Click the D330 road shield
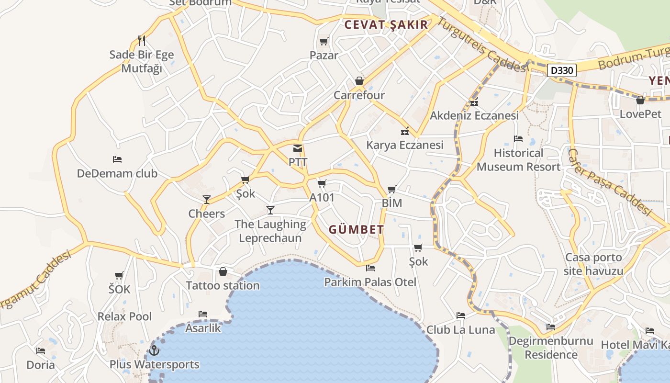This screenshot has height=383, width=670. pyautogui.click(x=561, y=71)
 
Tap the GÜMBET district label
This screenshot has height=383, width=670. pyautogui.click(x=356, y=230)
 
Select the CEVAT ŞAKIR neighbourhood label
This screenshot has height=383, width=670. pyautogui.click(x=386, y=25)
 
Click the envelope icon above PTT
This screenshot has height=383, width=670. pyautogui.click(x=298, y=148)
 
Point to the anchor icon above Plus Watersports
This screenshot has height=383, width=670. pyautogui.click(x=154, y=350)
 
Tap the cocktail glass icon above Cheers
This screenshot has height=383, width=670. pyautogui.click(x=207, y=200)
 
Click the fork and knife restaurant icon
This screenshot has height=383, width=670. pyautogui.click(x=141, y=41)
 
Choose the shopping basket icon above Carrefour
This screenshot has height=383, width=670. pyautogui.click(x=359, y=81)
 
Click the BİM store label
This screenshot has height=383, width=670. pyautogui.click(x=391, y=203)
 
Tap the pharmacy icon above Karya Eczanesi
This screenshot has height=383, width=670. pyautogui.click(x=405, y=131)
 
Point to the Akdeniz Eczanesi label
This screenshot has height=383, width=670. pyautogui.click(x=474, y=115)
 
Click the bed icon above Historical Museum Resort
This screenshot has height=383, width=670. pyautogui.click(x=518, y=139)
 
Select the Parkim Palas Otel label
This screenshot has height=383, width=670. pyautogui.click(x=370, y=282)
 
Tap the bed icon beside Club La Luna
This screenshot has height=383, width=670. pyautogui.click(x=461, y=315)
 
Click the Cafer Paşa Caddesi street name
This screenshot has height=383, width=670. pyautogui.click(x=610, y=182)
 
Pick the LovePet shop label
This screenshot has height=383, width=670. pyautogui.click(x=640, y=114)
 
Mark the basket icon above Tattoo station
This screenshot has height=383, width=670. pyautogui.click(x=223, y=272)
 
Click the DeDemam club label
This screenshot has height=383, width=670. pyautogui.click(x=117, y=173)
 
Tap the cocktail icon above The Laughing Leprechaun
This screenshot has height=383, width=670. pyautogui.click(x=270, y=210)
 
